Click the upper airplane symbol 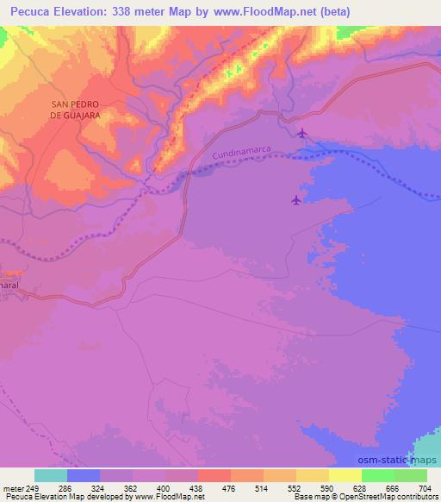(x=301, y=133)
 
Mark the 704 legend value (x=425, y=488)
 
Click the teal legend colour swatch (x=51, y=475)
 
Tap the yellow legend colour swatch (x=345, y=475)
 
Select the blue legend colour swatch (x=84, y=475)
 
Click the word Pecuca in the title (x=25, y=11)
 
